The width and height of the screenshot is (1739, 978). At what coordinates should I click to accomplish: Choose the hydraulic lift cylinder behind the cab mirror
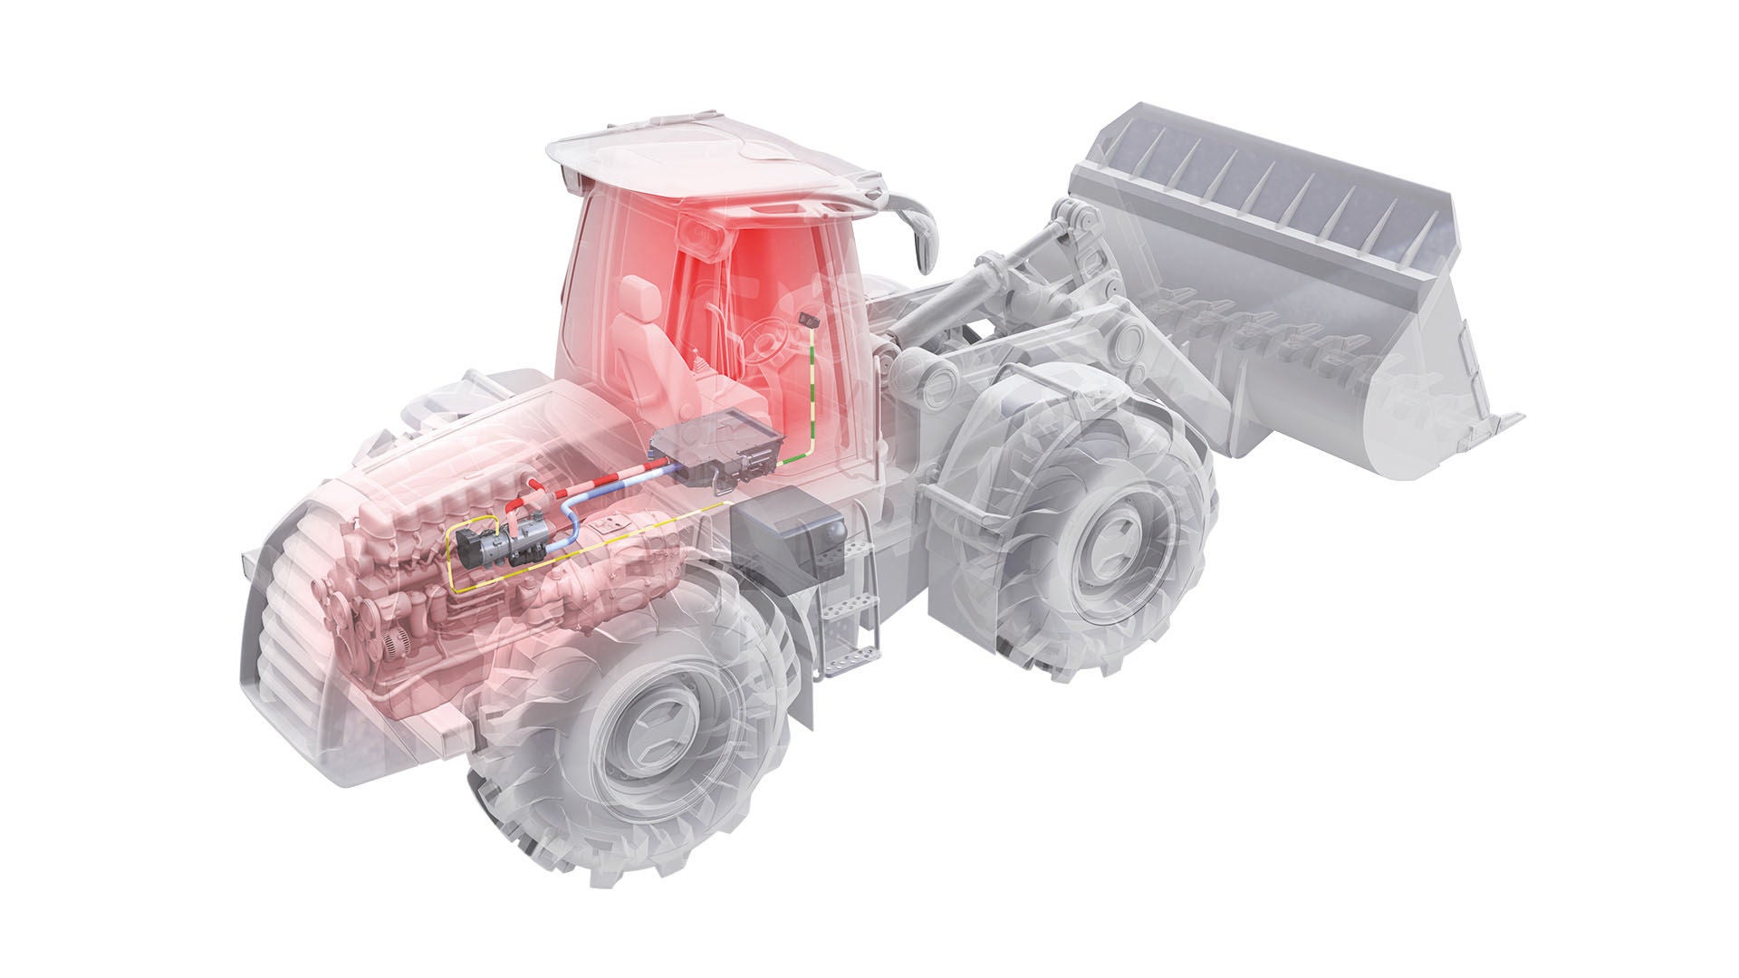[x=951, y=299]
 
